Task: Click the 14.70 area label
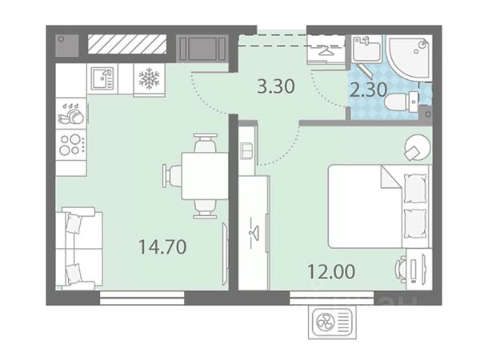pos(162,247)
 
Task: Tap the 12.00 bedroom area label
pos(331,271)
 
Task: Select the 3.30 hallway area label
pos(276,86)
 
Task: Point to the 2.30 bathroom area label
pos(368,90)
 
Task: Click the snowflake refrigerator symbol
pos(149,78)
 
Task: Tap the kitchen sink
pos(102,78)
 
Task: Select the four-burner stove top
pos(70,145)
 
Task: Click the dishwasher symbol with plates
pos(71,114)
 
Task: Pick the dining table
pos(205,176)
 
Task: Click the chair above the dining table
pos(206,143)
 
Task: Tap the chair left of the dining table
pos(172,176)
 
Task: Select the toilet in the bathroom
pos(402,102)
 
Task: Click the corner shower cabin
pos(409,58)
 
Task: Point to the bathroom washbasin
pos(366,49)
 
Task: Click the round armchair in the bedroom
pos(418,148)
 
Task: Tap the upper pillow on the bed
pos(415,188)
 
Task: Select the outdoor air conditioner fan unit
pos(332,322)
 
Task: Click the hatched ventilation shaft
pos(127,44)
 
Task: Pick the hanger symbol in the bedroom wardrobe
pos(254,232)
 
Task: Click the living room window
pos(142,298)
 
